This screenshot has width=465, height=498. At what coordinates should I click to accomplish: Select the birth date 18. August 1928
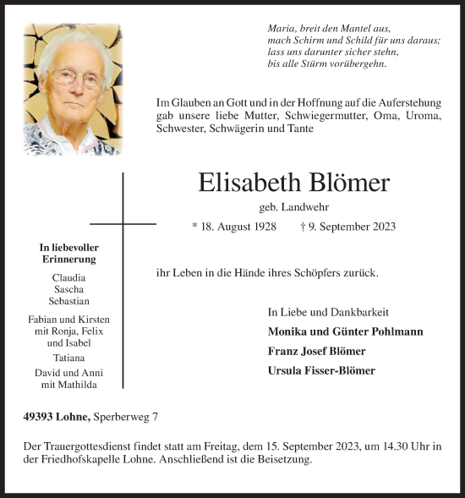(x=234, y=227)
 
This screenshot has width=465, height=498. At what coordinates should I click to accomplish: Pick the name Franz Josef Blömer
(x=316, y=351)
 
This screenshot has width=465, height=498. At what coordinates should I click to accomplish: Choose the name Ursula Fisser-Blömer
(x=321, y=370)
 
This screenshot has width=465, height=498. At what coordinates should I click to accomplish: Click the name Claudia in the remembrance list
(x=68, y=277)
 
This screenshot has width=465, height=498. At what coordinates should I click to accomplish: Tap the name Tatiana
(x=68, y=356)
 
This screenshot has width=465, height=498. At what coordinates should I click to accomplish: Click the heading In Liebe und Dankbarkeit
(x=319, y=311)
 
